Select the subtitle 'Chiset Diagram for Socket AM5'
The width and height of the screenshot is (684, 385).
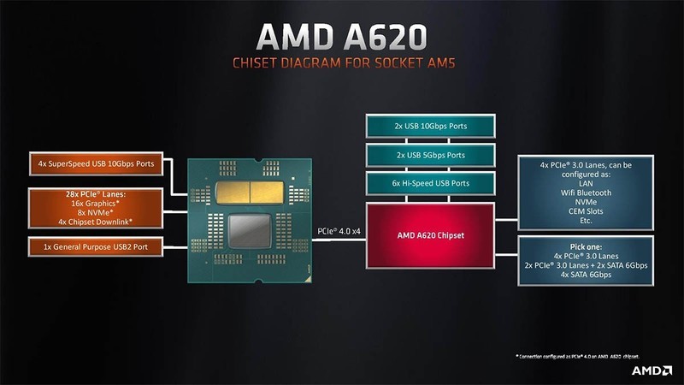tap(341, 64)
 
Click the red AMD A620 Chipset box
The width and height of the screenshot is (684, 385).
tap(430, 234)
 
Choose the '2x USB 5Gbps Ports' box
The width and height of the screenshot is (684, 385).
tap(430, 155)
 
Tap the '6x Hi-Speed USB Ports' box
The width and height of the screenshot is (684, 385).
tap(430, 183)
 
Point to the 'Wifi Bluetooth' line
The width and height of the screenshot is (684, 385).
tap(586, 192)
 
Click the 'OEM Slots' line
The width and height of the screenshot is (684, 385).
tap(586, 212)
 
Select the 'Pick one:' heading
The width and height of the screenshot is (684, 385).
tap(586, 245)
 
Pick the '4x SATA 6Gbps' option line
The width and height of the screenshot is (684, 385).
tap(586, 275)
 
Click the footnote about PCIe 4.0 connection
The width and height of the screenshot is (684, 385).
tap(577, 355)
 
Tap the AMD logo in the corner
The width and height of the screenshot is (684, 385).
tap(651, 370)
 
